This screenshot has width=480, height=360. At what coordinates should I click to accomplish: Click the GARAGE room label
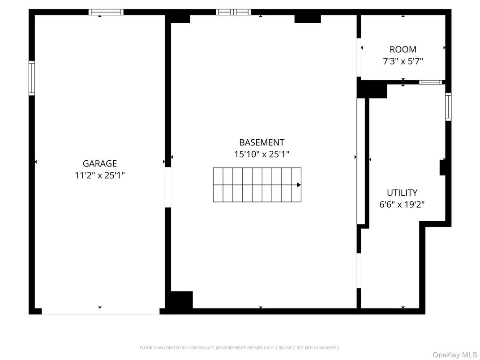[99, 164]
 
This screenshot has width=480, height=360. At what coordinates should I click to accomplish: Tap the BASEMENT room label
[261, 142]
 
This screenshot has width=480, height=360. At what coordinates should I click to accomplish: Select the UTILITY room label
[402, 193]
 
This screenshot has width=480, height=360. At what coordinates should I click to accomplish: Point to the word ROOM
[403, 50]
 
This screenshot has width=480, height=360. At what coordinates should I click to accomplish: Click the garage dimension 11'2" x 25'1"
[99, 176]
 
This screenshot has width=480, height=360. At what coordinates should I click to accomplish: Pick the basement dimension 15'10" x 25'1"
[261, 154]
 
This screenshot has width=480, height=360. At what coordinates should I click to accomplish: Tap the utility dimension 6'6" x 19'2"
[402, 205]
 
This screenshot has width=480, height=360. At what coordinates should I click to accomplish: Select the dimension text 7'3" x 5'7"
[403, 61]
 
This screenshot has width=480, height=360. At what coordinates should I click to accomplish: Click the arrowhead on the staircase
[299, 185]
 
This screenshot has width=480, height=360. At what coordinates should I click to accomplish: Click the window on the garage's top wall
[106, 12]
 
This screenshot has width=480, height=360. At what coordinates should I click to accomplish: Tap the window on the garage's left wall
[32, 78]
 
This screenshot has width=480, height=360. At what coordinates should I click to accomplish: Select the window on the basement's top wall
[233, 12]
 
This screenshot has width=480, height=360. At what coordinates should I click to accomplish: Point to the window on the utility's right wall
[448, 107]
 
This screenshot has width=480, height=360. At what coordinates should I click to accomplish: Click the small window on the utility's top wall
[431, 82]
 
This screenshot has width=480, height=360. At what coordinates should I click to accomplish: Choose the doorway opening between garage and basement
[168, 187]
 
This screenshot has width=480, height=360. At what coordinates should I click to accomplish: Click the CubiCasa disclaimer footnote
[240, 347]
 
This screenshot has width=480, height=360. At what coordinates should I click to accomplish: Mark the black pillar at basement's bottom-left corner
[181, 300]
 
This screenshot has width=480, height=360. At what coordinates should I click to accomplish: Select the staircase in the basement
[257, 185]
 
